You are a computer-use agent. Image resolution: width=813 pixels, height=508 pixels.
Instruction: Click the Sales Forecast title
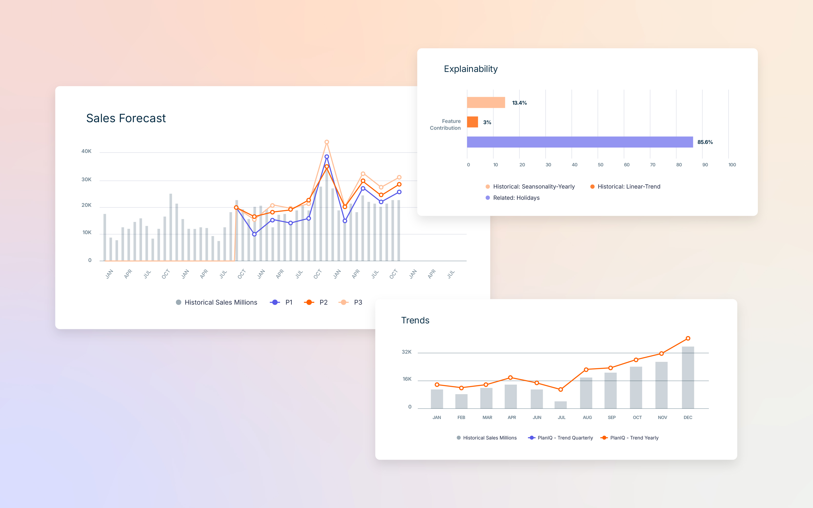[126, 118]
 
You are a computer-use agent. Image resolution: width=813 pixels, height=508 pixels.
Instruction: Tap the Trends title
[415, 320]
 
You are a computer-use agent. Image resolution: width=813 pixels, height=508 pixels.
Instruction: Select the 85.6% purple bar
[580, 142]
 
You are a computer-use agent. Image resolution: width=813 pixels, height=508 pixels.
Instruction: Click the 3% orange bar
[472, 122]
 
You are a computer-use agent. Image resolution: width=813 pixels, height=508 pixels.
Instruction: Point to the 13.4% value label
[519, 103]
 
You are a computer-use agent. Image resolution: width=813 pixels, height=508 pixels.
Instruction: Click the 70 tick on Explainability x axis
[652, 165]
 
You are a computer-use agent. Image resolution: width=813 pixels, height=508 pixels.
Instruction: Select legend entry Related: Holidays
[516, 198]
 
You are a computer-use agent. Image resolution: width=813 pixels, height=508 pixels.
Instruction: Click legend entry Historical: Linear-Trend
[628, 187]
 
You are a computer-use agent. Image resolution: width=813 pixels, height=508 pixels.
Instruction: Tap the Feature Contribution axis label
[445, 124]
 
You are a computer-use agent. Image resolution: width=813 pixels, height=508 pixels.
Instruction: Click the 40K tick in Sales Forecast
[86, 151]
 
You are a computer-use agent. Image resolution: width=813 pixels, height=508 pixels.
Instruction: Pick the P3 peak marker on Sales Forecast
[327, 142]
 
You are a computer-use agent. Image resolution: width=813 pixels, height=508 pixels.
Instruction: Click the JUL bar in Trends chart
[560, 405]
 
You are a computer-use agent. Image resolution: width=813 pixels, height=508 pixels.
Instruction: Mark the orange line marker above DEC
[688, 338]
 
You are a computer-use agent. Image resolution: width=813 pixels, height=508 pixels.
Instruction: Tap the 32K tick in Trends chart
[406, 352]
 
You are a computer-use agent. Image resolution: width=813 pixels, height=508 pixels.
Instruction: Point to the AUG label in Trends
[587, 417]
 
